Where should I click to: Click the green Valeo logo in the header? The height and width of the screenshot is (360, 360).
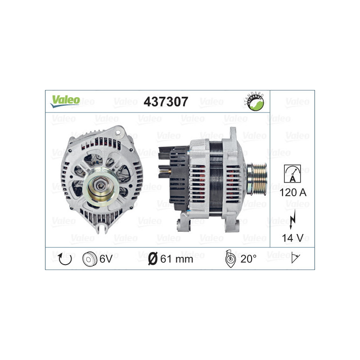[65, 101]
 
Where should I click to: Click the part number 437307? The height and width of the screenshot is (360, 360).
[166, 102]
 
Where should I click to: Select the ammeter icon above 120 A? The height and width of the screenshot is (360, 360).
[292, 173]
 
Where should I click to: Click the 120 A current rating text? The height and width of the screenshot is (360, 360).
[292, 193]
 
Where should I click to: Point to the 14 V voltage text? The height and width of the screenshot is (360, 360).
[292, 237]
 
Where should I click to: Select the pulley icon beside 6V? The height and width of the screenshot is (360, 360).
[90, 259]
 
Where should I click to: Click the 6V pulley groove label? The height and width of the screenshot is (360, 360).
[106, 259]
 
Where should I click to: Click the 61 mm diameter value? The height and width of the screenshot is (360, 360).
[176, 259]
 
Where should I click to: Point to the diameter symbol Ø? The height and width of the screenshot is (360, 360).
[153, 259]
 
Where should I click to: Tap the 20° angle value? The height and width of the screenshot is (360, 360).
[248, 259]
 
